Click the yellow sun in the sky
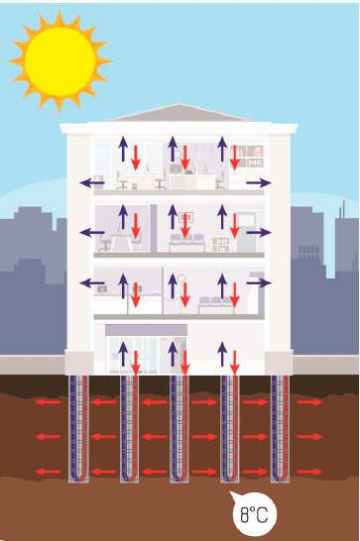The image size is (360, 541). (60, 61)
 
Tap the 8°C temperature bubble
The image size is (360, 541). (254, 513)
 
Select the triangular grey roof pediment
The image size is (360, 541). (179, 113)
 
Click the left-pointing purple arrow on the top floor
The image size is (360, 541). (92, 182)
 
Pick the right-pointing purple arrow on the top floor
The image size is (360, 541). (259, 183)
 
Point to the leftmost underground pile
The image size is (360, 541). (78, 428)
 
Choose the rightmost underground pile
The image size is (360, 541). (280, 428)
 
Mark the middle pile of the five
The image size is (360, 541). (180, 428)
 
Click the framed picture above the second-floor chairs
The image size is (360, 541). (185, 217)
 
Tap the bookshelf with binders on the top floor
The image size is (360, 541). (247, 157)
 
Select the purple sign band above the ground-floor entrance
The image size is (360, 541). (146, 330)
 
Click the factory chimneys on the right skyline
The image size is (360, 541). (342, 209)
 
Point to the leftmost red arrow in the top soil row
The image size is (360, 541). (48, 402)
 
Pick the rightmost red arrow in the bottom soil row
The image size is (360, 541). (309, 472)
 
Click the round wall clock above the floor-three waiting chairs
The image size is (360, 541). (181, 277)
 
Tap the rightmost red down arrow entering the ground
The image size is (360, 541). (235, 363)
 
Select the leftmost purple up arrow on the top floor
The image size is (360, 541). (123, 149)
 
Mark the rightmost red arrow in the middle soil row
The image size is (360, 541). (309, 437)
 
